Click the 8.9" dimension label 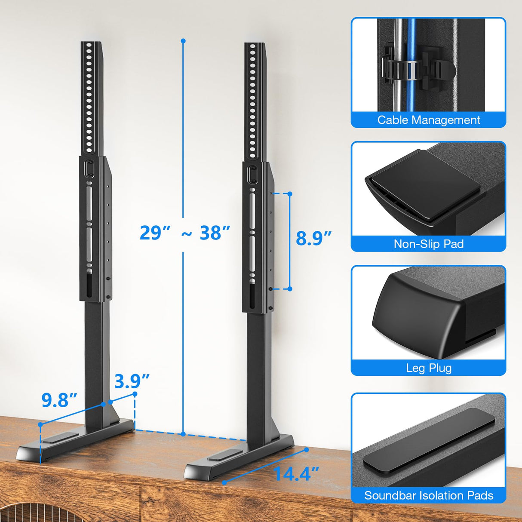pyautogui.click(x=313, y=238)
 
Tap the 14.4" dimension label pyautogui.click(x=296, y=474)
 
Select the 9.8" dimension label pyautogui.click(x=59, y=400)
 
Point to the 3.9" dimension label pyautogui.click(x=132, y=381)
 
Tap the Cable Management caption pyautogui.click(x=428, y=120)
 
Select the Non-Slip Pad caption pyautogui.click(x=428, y=244)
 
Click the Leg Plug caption pyautogui.click(x=428, y=368)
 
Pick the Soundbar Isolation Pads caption pyautogui.click(x=428, y=495)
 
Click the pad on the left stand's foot pyautogui.click(x=60, y=438)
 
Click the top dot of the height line pyautogui.click(x=183, y=41)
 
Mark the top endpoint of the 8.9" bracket pyautogui.click(x=290, y=194)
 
